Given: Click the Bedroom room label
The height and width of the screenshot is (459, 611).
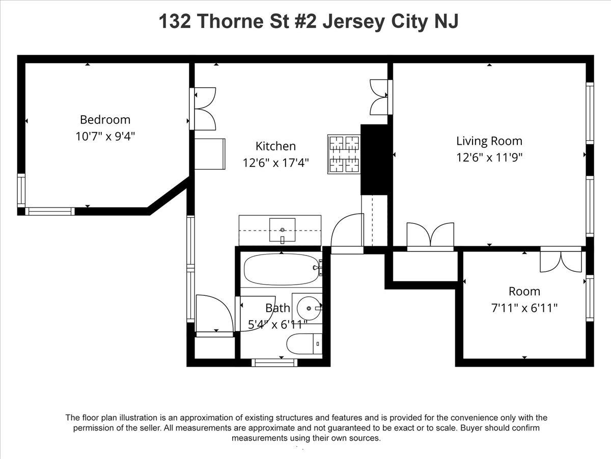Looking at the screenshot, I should [x=105, y=119].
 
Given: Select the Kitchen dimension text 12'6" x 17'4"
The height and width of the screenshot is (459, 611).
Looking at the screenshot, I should [x=275, y=163].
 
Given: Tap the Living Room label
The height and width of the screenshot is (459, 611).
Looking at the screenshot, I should [x=489, y=141].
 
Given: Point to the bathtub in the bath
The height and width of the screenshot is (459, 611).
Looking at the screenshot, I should [x=282, y=270].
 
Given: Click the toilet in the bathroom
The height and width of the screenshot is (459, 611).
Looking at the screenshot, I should [x=304, y=344].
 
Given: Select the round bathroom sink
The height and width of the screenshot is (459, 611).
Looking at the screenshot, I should [x=307, y=308].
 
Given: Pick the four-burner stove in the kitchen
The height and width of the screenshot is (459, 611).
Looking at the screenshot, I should [x=344, y=154].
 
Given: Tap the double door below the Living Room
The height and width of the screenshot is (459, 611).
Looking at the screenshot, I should [x=430, y=237].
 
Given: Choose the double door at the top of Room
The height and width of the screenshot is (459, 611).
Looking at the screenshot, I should [x=560, y=260].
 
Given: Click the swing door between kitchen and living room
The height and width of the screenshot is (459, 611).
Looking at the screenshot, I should [x=347, y=235].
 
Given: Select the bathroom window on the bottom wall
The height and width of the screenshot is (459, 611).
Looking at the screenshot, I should [x=274, y=363].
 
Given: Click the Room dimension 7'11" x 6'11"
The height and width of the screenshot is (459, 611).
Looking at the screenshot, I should [x=524, y=308].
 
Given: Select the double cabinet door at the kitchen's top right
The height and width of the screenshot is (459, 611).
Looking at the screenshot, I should [x=381, y=97].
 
